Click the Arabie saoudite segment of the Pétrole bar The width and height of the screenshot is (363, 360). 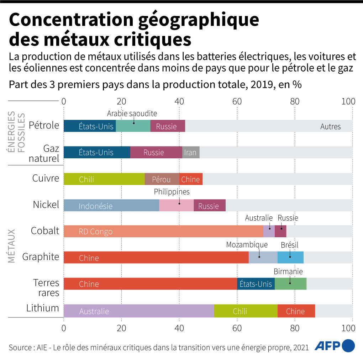133,126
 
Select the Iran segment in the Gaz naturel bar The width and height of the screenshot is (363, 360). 191,152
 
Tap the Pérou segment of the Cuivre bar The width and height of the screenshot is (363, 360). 162,179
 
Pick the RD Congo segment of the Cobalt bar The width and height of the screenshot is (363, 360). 163,231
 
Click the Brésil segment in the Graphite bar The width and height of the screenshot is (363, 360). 290,257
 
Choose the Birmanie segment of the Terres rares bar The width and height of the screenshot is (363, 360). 290,284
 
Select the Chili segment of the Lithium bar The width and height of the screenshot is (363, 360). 246,311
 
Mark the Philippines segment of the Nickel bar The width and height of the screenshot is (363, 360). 177,205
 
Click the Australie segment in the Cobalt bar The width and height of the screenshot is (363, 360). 269,231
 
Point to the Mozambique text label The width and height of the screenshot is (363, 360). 247,245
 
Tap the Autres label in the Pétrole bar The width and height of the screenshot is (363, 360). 330,127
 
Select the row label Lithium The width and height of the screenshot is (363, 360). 43,308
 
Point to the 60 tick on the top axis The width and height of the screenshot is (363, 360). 237,101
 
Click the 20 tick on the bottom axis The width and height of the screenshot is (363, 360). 121,328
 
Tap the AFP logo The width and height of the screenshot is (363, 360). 335,346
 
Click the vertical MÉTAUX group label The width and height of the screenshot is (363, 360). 11,246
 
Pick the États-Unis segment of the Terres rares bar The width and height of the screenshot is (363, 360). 256,284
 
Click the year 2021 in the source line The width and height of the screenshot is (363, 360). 301,348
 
